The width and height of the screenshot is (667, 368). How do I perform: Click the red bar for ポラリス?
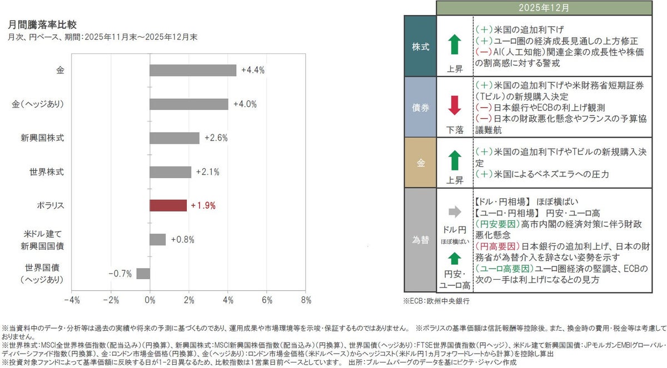(168, 205)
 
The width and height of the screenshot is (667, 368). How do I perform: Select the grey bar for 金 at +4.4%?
(193, 70)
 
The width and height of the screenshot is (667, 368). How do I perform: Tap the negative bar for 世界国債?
(143, 273)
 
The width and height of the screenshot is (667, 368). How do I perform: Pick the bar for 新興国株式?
(174, 138)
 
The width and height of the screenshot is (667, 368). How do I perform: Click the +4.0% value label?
(245, 104)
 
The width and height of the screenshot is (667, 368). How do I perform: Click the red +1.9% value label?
(203, 205)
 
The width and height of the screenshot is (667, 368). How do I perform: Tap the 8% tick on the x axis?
(306, 300)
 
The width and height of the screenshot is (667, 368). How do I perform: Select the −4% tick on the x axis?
(72, 300)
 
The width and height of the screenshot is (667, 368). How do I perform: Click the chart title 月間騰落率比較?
(43, 25)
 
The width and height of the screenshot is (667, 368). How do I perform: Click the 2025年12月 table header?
(543, 8)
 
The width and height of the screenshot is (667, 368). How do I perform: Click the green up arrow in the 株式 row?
(454, 44)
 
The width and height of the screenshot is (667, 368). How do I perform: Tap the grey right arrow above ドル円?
(454, 211)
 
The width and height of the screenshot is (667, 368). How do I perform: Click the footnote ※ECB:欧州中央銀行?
(436, 301)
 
